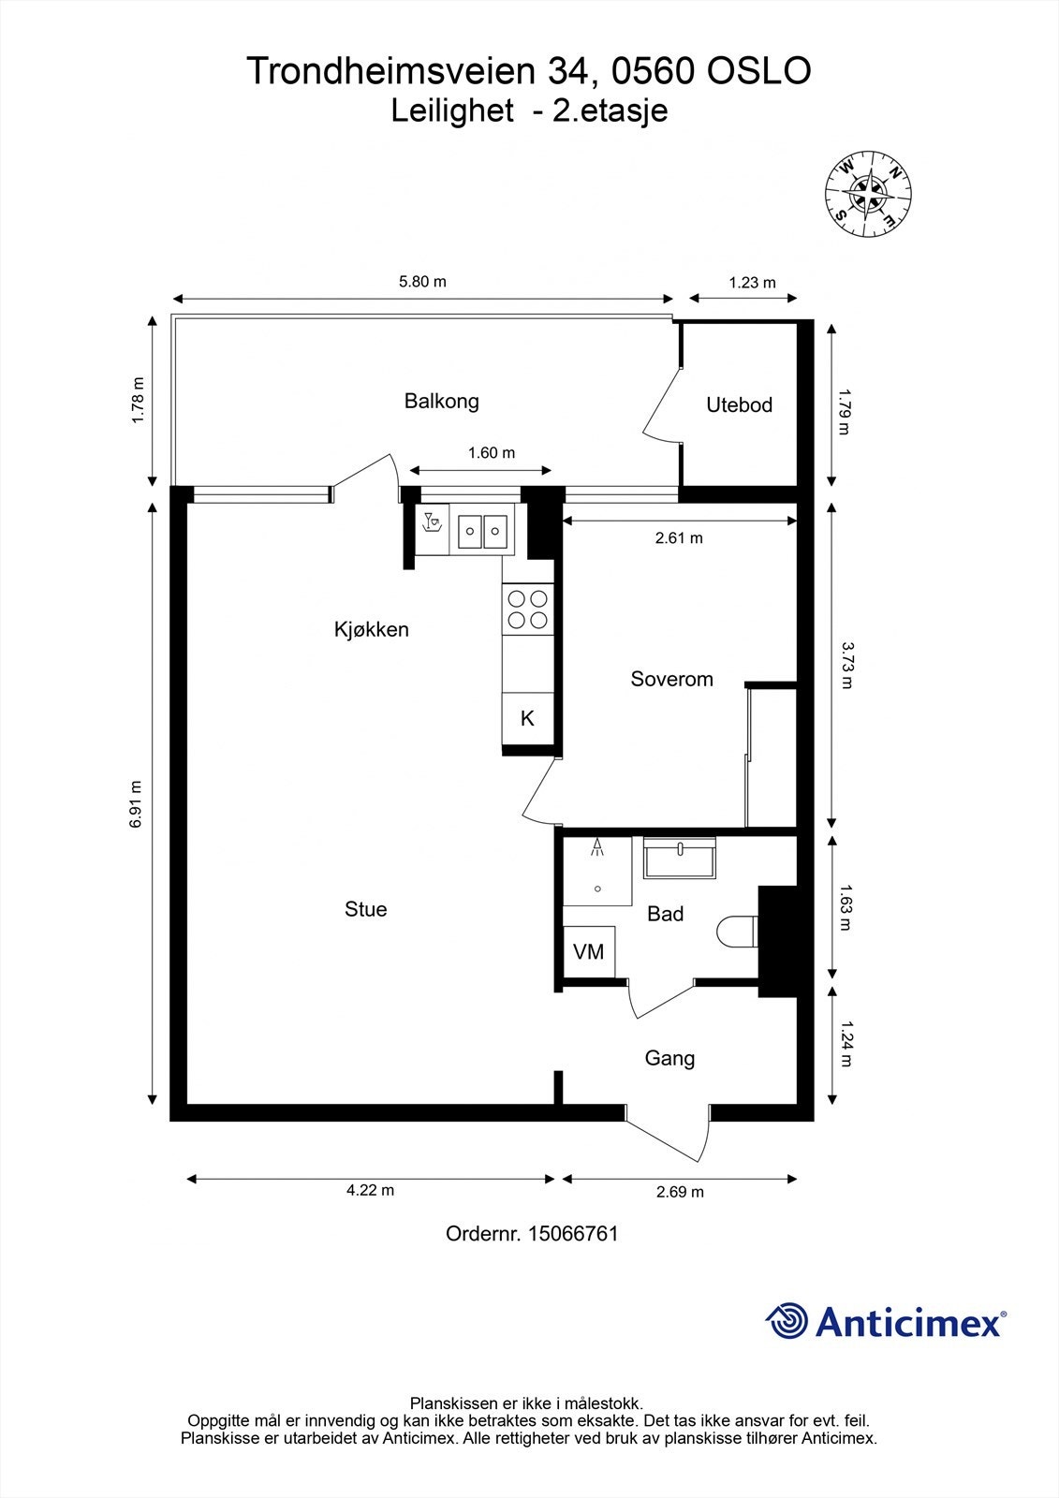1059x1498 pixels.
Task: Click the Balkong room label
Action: point(441,402)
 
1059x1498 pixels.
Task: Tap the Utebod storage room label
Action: point(739,405)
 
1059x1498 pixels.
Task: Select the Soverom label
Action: point(671,680)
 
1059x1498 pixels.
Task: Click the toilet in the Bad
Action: point(736,932)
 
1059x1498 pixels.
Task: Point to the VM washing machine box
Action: point(589,952)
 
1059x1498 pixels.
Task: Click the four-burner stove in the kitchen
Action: point(526,609)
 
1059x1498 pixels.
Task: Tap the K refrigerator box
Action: point(527,719)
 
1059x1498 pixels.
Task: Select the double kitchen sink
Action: point(483,532)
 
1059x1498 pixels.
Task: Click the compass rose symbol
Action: point(867,193)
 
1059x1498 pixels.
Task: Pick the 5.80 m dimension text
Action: point(422,282)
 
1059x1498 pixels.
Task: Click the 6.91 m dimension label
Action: point(137,803)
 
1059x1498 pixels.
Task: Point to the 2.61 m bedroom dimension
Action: point(679,538)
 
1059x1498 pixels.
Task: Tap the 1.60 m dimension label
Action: point(492,453)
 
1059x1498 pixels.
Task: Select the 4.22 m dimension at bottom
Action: point(370,1191)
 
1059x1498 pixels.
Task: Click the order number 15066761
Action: point(573,1234)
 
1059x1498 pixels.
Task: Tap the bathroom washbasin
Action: point(680,858)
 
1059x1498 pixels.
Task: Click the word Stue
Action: point(365,909)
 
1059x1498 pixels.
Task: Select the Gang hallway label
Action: point(669,1059)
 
